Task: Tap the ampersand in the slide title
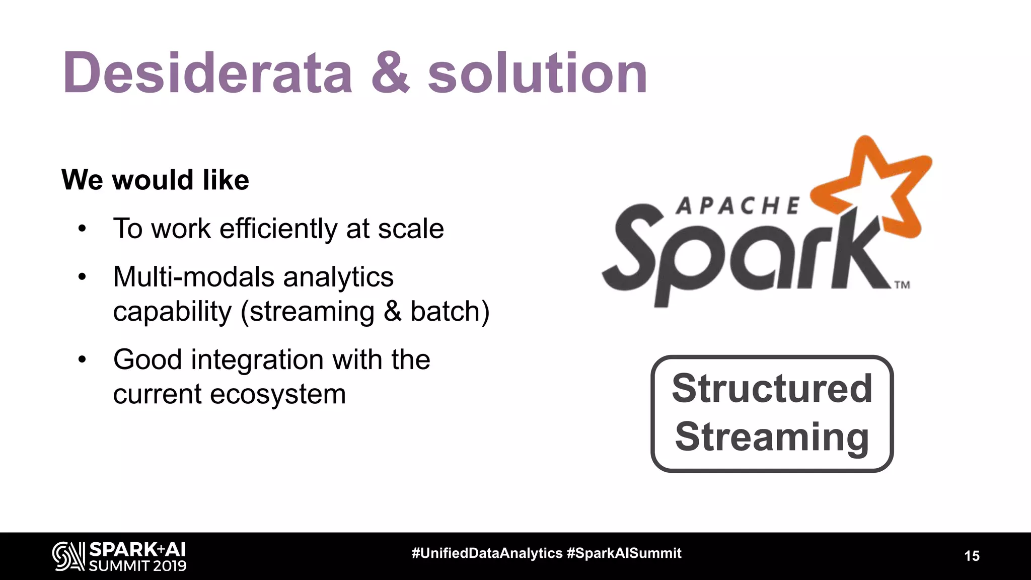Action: (x=391, y=74)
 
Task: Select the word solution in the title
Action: (x=537, y=74)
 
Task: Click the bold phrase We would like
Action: (x=155, y=180)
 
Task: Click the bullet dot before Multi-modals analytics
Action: (x=82, y=277)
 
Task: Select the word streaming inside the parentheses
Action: (x=312, y=311)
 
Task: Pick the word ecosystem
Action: (x=278, y=394)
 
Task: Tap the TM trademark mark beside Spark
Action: (x=902, y=285)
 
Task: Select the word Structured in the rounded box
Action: (x=772, y=389)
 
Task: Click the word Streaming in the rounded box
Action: (x=772, y=437)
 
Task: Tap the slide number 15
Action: (x=972, y=556)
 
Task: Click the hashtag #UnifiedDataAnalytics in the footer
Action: (x=487, y=553)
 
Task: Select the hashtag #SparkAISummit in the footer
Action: (x=624, y=553)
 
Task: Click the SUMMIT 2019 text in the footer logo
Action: (x=137, y=566)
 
